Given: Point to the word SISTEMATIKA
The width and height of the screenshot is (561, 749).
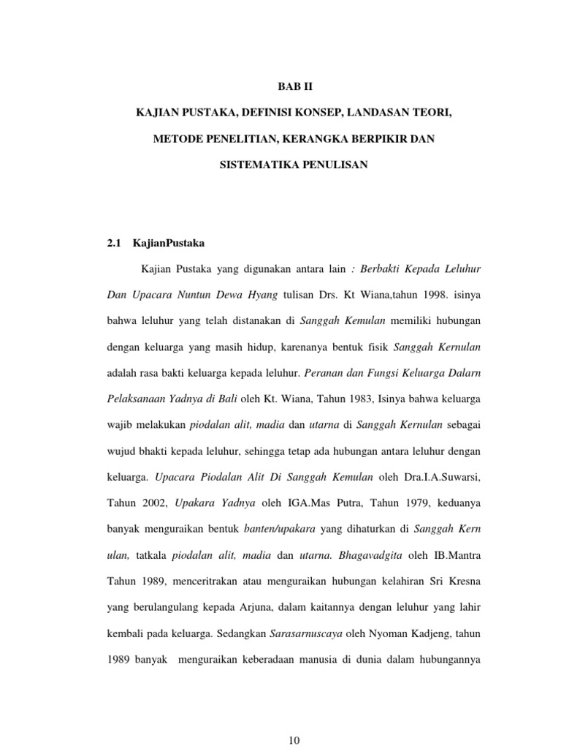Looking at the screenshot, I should (x=253, y=165).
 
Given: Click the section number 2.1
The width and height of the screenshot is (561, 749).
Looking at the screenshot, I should (x=113, y=245).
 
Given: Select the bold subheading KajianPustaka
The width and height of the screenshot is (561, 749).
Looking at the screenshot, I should (x=164, y=245).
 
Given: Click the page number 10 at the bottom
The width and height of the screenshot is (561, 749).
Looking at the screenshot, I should (x=294, y=741).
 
